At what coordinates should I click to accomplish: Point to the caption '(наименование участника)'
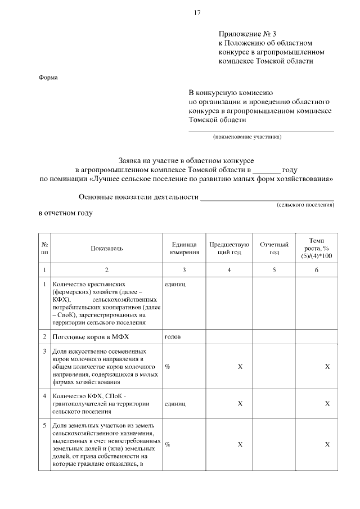[246, 136]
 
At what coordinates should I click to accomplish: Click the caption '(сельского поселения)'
[305, 205]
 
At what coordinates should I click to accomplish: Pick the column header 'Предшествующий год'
[229, 248]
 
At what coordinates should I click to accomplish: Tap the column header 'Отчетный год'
[274, 248]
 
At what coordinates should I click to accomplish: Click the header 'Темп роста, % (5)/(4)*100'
[317, 248]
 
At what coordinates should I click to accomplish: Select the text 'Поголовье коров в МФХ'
[90, 337]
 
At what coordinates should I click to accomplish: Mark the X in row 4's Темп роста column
[327, 403]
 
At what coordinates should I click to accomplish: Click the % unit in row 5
[168, 444]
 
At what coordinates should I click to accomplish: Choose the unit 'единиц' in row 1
[175, 285]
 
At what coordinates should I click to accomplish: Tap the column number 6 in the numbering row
[317, 270]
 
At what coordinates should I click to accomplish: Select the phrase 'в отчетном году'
[65, 214]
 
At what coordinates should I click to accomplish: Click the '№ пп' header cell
[44, 248]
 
